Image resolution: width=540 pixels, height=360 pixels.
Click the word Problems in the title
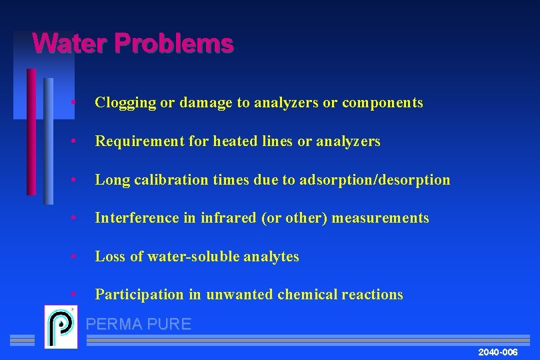173,44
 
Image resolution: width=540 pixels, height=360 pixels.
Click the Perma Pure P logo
61,327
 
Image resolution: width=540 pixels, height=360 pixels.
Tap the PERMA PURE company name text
139,325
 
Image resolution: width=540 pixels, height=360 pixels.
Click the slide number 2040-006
498,351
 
